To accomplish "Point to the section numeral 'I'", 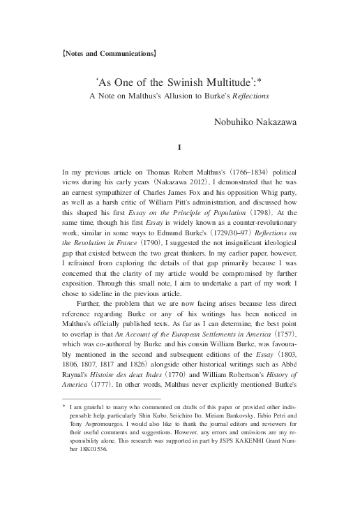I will (x=180, y=147).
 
